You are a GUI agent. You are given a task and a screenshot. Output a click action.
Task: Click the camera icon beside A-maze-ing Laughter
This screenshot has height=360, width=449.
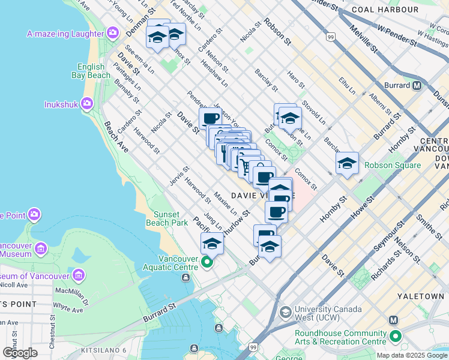pos(112,32)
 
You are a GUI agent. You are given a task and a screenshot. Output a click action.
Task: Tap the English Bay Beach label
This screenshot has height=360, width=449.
pos(94,71)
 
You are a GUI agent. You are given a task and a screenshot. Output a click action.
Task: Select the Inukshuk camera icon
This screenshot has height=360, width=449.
pos(88,104)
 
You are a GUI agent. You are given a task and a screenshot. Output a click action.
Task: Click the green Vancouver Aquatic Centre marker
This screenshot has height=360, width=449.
pos(208,262)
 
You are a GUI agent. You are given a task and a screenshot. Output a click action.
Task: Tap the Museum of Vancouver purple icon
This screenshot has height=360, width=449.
pos(79,275)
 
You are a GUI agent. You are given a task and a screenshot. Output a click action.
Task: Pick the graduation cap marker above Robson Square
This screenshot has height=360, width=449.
pos(347,163)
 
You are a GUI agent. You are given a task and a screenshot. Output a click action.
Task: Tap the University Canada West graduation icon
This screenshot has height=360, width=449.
pos(286,312)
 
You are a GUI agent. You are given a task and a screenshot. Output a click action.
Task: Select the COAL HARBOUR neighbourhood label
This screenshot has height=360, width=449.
pos(393,10)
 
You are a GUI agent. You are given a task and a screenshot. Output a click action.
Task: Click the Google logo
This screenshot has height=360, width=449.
pos(20,353)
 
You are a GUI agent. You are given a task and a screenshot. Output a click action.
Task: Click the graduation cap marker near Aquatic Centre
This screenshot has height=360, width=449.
pos(211,243)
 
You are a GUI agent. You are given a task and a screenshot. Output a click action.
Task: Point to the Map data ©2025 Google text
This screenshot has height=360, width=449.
pos(412,355)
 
